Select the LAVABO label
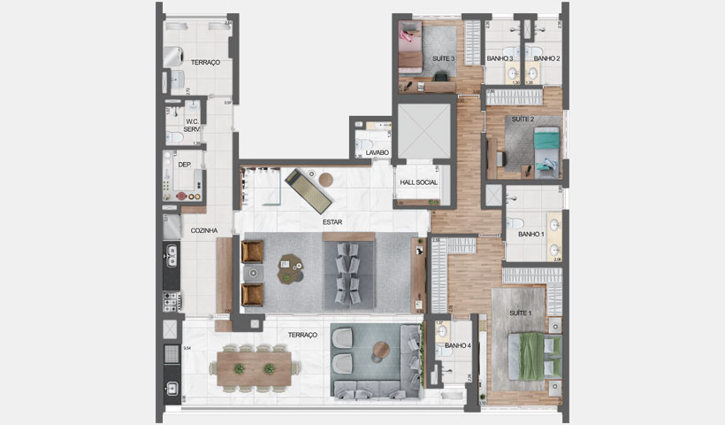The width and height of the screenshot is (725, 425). coord(378,153)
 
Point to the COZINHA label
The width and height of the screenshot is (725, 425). coord(204,230)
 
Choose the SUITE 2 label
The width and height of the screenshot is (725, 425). coord(523,119)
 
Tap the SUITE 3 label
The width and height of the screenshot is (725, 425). coord(443,58)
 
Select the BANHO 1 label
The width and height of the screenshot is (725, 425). coord(530,235)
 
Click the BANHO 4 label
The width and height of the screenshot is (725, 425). coord(457,346)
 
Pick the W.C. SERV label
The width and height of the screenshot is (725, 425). coord(192,127)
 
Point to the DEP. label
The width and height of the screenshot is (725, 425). coord(185,165)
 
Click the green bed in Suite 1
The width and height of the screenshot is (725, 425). coord(538,354)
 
